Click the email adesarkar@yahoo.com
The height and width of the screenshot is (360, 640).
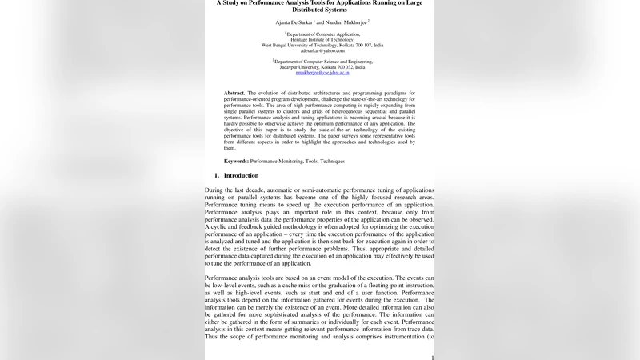click(317, 50)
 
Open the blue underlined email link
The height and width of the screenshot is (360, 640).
click(317, 72)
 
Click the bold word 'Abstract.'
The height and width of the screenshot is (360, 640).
click(234, 93)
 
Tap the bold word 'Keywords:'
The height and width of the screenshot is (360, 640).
click(238, 161)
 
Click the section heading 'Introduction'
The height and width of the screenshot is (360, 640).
click(241, 175)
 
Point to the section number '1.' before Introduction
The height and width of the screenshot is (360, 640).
click(217, 175)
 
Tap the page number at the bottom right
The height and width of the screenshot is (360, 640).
click(432, 358)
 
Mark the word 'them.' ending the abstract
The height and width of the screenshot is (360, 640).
click(230, 148)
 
